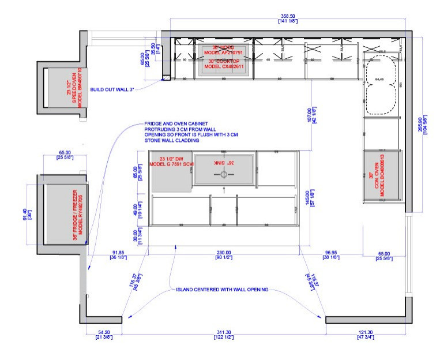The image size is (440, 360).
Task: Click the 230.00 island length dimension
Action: (224, 253)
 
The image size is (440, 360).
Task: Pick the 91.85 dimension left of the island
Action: (118, 253)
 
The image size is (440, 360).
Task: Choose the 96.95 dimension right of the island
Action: (331, 253)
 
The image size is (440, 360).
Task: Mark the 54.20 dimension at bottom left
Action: (104, 333)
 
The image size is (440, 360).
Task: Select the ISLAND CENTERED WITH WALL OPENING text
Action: (222, 289)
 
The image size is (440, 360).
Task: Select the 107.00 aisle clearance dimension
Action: (311, 118)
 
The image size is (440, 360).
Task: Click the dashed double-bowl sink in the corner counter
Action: (381, 87)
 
